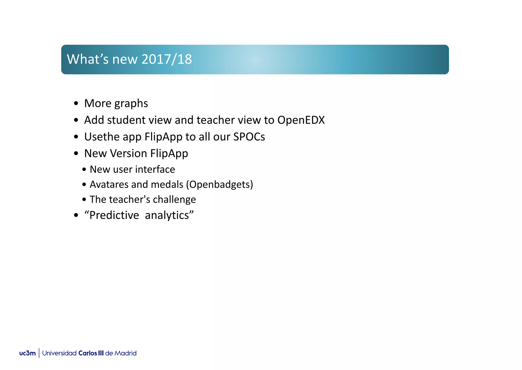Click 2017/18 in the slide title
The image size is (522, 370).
166,59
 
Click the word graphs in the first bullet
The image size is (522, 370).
131,104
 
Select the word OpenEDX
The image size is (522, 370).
301,120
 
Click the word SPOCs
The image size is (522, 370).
249,137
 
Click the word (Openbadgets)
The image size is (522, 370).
219,184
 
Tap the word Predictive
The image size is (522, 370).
114,215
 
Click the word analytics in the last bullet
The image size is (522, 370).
167,215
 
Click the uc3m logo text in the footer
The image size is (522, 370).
27,353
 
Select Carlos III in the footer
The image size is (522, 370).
91,353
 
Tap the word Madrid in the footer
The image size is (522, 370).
125,353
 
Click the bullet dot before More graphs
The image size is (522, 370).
76,104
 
